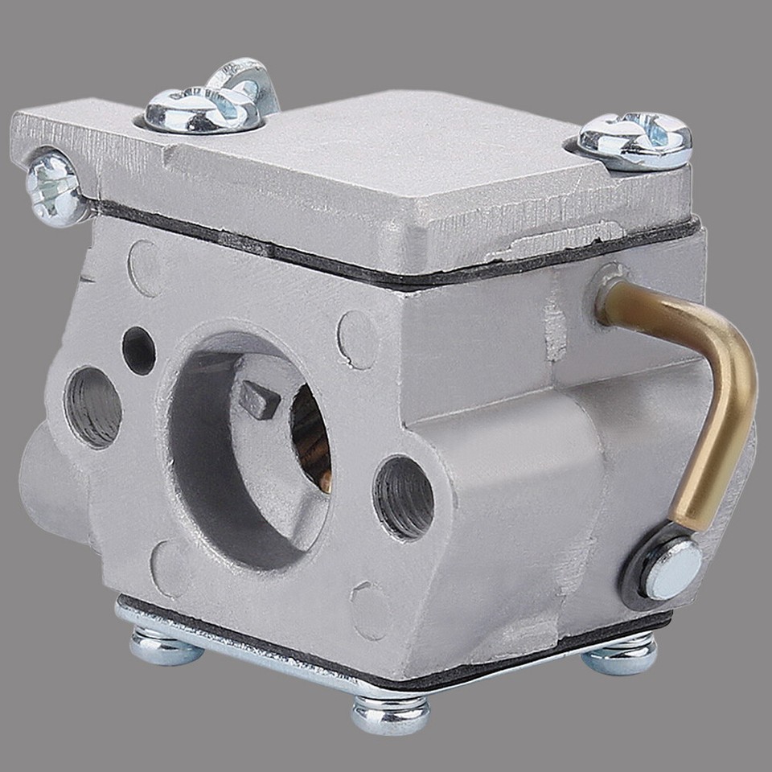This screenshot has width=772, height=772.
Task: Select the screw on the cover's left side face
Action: point(55,187)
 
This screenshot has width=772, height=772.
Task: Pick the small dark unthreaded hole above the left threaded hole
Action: point(138,350)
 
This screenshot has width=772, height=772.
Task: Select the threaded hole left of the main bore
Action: point(92,406)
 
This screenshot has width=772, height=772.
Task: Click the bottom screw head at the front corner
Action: point(390,712)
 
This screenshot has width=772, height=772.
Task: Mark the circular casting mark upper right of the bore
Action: point(357,339)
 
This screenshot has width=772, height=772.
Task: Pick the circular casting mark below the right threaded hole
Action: point(370,610)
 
